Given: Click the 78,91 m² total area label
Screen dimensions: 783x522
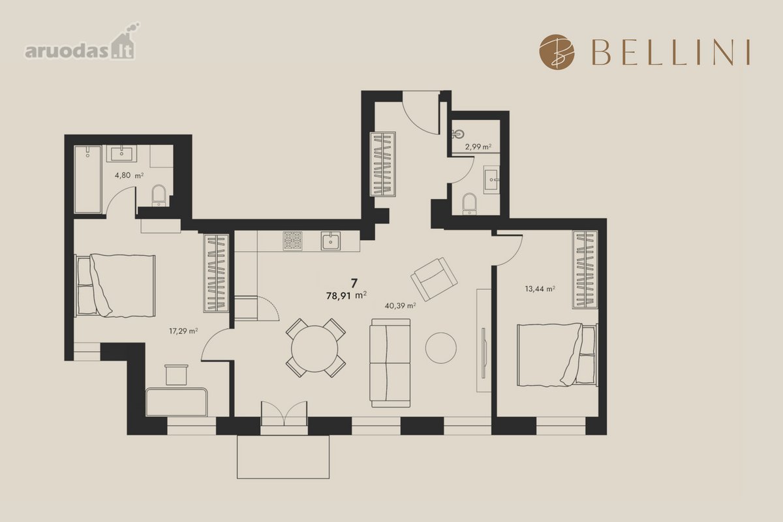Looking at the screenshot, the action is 346,296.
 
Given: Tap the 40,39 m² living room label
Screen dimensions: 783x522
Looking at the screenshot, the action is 400,306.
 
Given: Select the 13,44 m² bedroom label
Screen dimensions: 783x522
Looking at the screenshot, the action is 540,289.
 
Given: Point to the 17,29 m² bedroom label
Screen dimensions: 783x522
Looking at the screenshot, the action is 183,331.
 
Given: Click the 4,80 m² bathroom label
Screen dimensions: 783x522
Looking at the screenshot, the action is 129,175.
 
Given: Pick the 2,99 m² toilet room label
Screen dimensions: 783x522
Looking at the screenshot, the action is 478,147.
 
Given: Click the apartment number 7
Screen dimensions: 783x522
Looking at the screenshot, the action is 354,283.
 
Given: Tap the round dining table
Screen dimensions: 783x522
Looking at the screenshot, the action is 315,348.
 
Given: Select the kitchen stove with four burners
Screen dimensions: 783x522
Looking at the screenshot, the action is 292,241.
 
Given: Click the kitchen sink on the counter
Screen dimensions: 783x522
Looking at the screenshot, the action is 331,241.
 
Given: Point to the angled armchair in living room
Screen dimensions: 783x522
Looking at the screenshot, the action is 434,279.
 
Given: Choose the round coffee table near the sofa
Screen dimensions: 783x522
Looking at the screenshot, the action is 441,348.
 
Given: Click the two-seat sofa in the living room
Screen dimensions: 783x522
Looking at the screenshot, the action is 390,363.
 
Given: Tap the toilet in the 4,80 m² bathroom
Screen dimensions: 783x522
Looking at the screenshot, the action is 159,195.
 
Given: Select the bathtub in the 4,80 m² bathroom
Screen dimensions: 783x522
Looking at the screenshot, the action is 87,179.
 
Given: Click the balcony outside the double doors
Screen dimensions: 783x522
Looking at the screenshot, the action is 283,457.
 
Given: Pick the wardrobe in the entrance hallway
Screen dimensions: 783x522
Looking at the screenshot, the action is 383,164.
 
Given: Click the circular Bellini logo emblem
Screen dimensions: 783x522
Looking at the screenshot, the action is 557,52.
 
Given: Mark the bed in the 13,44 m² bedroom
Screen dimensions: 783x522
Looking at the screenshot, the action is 557,355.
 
